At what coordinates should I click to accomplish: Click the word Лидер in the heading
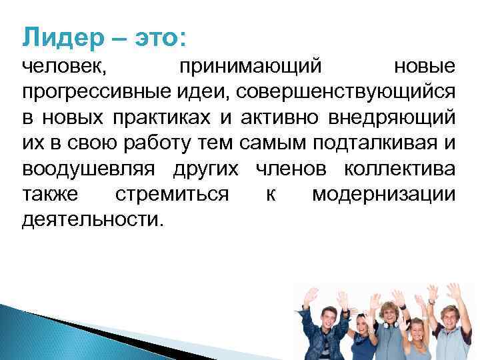tap(59, 36)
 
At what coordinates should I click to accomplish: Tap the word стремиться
tap(173, 194)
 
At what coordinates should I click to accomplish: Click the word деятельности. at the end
tap(91, 219)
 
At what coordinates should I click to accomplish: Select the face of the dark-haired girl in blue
tap(361, 328)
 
